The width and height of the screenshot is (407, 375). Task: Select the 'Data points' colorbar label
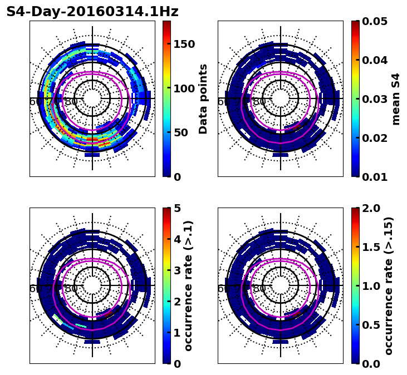pos(203,98)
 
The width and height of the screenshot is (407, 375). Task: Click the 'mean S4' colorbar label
pos(396,98)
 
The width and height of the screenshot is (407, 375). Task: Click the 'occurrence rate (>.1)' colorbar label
pos(189,285)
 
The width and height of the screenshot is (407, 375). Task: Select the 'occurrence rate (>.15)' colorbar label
pos(389,285)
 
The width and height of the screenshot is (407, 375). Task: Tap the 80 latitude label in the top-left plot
pos(71,102)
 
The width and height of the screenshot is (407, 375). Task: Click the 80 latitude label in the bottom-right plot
pos(259,289)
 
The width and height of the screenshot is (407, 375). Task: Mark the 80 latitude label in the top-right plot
pos(259,102)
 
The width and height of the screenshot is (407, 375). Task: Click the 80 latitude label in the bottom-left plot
pos(71,289)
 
